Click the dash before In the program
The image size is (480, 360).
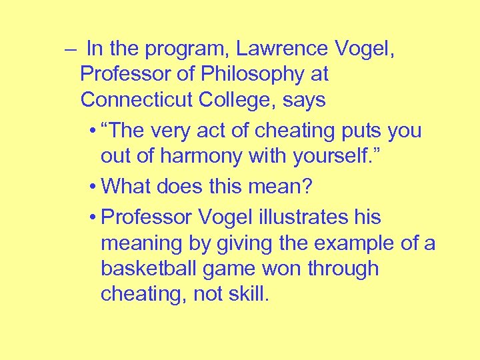(71, 49)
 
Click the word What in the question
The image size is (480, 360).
(128, 187)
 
